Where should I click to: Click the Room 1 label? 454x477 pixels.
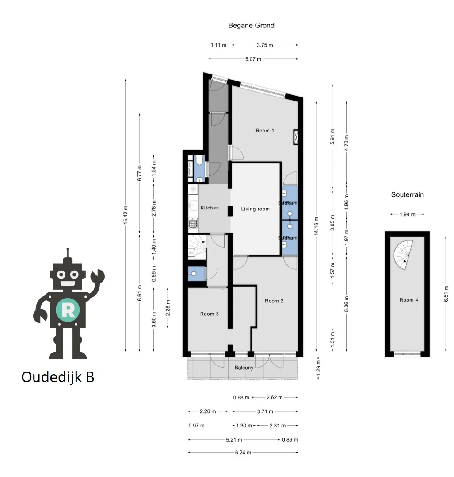[265, 131]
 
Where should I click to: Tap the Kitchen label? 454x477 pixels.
[210, 208]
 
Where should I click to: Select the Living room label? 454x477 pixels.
[255, 209]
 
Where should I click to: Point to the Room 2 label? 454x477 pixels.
[274, 301]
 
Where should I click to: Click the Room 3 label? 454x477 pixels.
[210, 314]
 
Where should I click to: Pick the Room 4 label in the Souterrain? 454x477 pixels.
[409, 300]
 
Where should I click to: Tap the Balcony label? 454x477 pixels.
[244, 368]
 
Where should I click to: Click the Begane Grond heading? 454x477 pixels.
[251, 25]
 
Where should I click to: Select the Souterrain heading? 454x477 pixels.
[407, 194]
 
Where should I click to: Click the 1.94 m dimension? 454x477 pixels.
[407, 214]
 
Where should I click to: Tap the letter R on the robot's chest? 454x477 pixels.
[68, 310]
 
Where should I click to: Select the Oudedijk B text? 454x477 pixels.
[57, 377]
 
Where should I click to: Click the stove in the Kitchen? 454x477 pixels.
[193, 224]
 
